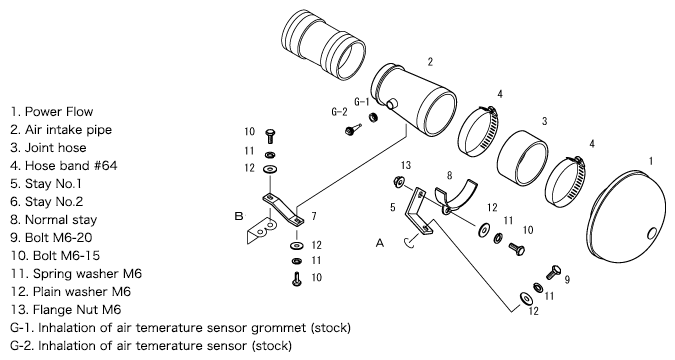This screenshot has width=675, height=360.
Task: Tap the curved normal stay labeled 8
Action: coord(456,196)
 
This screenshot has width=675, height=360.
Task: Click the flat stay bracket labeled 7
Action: coord(283,209)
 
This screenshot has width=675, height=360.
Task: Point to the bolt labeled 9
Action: coord(553,273)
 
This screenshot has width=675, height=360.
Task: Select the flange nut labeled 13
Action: coord(397,182)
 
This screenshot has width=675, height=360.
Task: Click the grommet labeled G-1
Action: coord(372,117)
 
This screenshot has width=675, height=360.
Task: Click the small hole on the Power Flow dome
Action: coord(652,233)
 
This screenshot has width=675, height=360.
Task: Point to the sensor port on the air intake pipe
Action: coord(392,104)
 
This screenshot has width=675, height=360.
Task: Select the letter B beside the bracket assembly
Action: coord(239,216)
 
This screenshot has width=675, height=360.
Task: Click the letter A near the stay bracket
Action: coord(379,243)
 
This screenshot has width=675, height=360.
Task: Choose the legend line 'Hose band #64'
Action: coord(63,166)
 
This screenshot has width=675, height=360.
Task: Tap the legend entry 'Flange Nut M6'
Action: coord(66,310)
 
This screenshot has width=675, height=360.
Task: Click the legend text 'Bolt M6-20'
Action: coord(51,238)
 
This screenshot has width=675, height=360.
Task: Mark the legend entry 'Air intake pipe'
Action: coord(61,130)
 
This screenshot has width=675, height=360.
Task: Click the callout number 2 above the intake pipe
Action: coord(430,62)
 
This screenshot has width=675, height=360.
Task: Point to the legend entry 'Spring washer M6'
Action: coord(76,274)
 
